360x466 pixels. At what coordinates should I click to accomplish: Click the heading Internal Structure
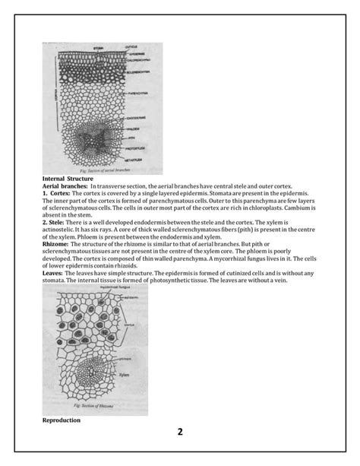(x=68, y=177)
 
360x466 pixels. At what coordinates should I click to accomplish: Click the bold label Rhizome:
(x=58, y=245)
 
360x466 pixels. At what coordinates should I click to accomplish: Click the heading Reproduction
(x=62, y=420)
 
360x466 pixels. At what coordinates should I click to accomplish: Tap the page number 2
(x=180, y=433)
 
